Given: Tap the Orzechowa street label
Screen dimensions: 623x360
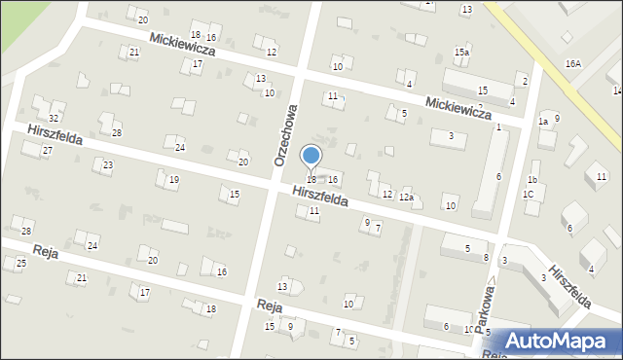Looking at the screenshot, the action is [x=285, y=135].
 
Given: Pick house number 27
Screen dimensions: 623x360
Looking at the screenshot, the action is [x=47, y=151].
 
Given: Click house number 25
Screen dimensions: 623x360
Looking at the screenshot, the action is [x=21, y=264].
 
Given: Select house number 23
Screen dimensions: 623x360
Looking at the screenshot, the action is [x=107, y=165].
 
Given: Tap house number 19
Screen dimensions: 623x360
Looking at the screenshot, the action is [x=173, y=180].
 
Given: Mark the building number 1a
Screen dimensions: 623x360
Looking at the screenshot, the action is [x=543, y=122].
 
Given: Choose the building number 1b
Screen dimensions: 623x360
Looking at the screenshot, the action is [x=532, y=180].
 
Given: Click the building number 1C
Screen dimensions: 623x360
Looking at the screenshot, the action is [x=529, y=194].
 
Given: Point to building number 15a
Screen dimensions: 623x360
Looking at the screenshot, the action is [x=461, y=52].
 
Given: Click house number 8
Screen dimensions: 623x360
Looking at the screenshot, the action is [x=486, y=257].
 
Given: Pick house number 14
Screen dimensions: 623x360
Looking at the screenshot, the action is [x=617, y=90].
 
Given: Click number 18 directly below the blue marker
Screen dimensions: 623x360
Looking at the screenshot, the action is [x=311, y=180].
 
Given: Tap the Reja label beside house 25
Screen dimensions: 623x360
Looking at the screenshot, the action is [x=44, y=252].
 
